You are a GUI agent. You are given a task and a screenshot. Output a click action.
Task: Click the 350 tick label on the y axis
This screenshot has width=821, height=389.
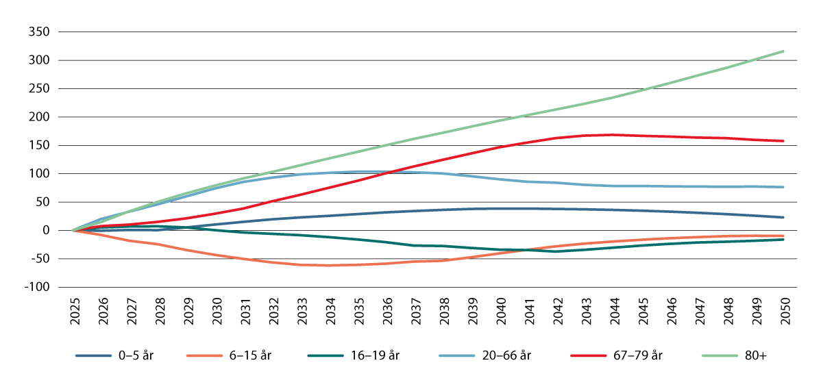41,32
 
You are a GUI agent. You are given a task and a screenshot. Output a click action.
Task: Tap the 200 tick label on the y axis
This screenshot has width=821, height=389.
41,117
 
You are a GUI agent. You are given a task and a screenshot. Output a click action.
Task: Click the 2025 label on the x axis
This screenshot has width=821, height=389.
73,312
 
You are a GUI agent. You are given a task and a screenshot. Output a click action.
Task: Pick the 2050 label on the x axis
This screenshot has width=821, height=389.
783,312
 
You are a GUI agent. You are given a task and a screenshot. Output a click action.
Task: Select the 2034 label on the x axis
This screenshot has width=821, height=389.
329,312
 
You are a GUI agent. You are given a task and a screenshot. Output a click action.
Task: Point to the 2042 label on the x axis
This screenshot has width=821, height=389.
556,312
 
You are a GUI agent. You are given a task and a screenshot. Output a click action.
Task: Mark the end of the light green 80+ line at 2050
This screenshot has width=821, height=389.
783,51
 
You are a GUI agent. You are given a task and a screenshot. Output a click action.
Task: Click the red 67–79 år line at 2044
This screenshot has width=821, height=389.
613,135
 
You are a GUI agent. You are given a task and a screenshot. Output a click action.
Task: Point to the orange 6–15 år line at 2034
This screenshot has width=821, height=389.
329,265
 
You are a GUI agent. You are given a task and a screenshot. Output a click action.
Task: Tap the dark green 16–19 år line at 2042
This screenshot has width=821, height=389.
556,251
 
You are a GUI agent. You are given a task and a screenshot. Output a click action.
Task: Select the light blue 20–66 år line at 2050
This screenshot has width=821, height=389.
783,187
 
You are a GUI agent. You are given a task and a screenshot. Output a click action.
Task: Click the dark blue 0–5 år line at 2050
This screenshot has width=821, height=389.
783,217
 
